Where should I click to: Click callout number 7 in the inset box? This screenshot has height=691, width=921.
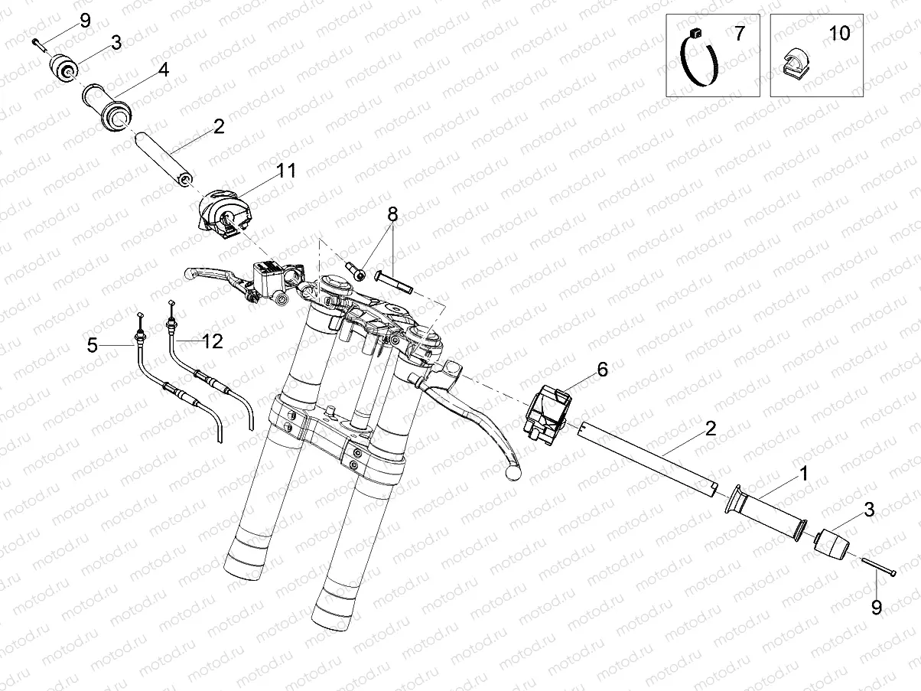[739, 34]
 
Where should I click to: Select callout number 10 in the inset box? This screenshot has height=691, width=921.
[839, 34]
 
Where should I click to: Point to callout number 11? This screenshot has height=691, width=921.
[286, 171]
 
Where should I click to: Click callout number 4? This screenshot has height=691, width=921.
[163, 70]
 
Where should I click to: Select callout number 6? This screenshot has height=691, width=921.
[602, 370]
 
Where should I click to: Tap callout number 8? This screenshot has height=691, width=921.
[392, 214]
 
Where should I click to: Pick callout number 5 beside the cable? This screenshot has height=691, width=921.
[93, 346]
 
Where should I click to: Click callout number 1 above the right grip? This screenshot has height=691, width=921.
[803, 474]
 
